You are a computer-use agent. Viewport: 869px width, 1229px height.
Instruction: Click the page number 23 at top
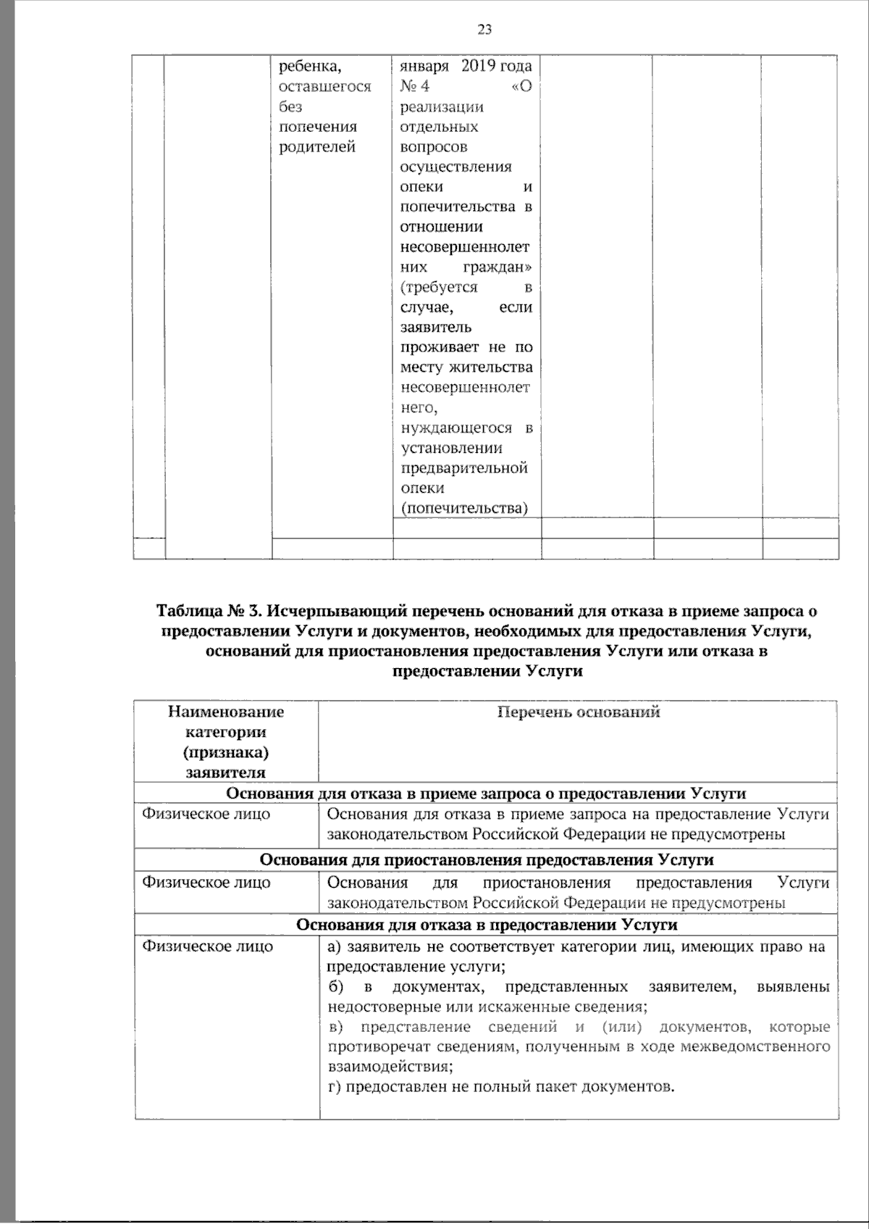(x=484, y=29)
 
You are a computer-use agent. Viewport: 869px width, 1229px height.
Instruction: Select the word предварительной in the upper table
(x=463, y=468)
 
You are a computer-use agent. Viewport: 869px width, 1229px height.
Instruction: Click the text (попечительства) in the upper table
(x=463, y=508)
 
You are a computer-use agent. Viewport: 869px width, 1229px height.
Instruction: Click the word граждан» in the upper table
(x=504, y=267)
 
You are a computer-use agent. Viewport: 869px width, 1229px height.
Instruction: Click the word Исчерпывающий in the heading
(x=322, y=611)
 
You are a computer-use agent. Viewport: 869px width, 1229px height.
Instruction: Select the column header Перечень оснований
(x=579, y=712)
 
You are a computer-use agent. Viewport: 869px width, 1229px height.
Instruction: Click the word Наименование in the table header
(x=226, y=712)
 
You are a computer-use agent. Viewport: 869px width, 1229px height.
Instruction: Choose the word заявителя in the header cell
(x=226, y=772)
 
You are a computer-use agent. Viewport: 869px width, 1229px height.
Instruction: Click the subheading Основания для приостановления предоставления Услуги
(x=486, y=859)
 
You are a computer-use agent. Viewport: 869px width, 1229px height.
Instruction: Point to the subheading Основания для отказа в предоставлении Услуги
(x=487, y=925)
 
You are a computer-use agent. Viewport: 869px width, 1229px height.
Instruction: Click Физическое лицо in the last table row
(x=207, y=946)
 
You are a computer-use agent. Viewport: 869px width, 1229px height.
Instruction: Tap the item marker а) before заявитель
(x=334, y=946)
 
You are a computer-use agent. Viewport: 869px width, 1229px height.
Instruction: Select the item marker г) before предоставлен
(x=334, y=1087)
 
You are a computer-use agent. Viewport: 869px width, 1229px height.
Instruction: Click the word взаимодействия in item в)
(x=389, y=1067)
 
